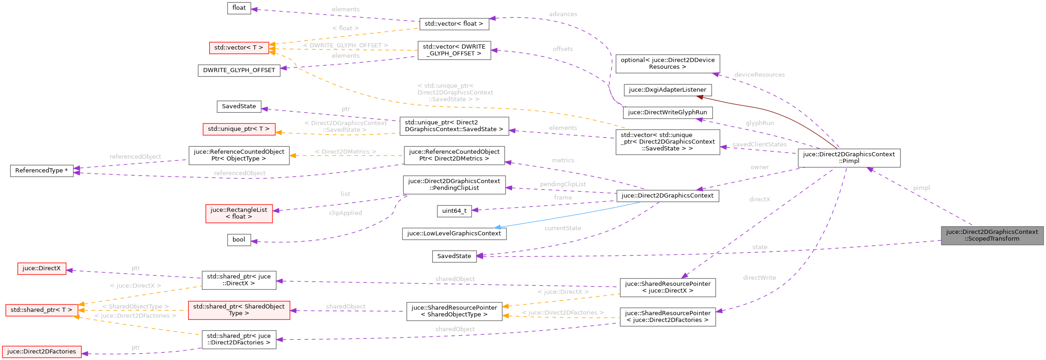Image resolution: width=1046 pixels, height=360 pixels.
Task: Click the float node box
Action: [x=239, y=8]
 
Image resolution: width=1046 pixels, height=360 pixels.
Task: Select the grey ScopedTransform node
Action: [x=992, y=235]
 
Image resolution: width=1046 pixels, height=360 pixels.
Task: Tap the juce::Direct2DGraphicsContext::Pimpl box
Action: [x=849, y=158]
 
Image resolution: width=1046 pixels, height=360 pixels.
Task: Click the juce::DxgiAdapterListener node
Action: [x=667, y=90]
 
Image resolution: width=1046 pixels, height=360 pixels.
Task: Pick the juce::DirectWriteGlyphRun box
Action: [x=667, y=112]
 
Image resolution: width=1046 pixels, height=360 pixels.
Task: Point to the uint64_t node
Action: [x=454, y=211]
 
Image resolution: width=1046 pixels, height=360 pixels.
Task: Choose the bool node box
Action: [x=239, y=240]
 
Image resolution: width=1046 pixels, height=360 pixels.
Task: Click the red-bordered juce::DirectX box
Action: [x=41, y=268]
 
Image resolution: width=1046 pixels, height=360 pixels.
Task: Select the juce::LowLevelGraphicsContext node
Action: [x=454, y=233]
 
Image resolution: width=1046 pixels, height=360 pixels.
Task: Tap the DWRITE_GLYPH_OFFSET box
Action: [x=239, y=70]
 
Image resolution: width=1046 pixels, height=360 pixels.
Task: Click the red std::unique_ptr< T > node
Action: [x=239, y=129]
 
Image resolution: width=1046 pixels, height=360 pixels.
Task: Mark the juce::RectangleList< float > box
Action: [x=239, y=213]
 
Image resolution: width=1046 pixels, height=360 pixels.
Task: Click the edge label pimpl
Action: [x=921, y=188]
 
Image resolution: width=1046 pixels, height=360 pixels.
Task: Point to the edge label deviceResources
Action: [x=759, y=75]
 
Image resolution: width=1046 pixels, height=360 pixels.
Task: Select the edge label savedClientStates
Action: [x=759, y=144]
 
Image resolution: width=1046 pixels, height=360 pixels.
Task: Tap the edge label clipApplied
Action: [x=345, y=213]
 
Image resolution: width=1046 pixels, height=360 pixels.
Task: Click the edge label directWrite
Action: [x=759, y=278]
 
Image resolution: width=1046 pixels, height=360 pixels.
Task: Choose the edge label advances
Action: [x=563, y=14]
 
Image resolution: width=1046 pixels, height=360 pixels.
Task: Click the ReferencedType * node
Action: [x=41, y=171]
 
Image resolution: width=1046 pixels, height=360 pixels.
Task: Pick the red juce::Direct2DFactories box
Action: [x=41, y=352]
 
